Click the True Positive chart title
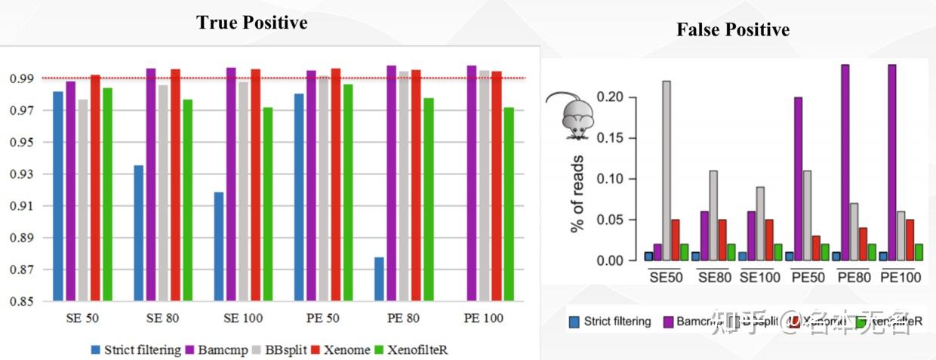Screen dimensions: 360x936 [251, 23]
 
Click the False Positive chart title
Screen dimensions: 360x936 [732, 30]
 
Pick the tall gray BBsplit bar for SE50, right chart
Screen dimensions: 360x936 [667, 171]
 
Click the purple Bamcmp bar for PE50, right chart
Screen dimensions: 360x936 [799, 179]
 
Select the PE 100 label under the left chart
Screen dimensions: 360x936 [484, 318]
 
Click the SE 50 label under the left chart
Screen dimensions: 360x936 [82, 318]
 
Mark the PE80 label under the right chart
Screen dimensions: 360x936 [854, 277]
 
